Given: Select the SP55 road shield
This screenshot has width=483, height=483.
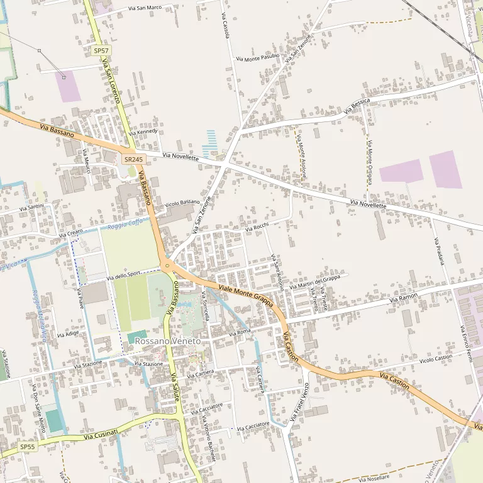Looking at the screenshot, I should click(27, 447).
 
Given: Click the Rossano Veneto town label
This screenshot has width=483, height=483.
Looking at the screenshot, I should click(168, 341).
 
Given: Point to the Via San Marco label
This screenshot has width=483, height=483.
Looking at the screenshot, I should click(145, 8).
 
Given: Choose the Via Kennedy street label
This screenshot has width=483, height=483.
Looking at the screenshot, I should click(142, 132).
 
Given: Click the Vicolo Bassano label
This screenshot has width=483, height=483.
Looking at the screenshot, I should click(182, 203).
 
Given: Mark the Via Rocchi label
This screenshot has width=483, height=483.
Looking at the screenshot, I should click(257, 227).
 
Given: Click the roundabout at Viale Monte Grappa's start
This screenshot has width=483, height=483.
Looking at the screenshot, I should click(167, 266).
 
